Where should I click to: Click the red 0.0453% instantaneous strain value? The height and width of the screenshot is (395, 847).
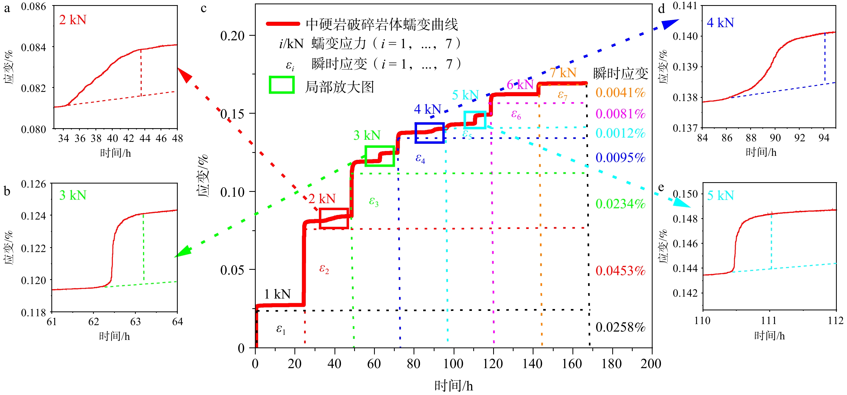coord(620,271)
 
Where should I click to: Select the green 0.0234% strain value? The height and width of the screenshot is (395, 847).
coord(620,204)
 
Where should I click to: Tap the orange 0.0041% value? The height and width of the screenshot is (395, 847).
coord(620,93)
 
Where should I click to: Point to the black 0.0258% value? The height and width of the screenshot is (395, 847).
coord(620,327)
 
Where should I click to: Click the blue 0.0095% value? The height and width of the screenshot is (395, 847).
coord(620,158)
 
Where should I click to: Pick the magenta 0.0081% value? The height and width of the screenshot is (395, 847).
coord(620,114)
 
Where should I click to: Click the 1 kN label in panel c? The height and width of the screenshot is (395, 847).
coord(277,294)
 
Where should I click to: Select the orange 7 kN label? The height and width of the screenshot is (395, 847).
coord(563,73)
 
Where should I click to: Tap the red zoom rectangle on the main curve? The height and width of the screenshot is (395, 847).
coord(334,218)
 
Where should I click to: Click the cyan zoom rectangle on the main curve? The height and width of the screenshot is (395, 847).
coord(475,120)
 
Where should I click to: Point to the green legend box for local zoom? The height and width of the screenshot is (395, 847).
coord(282,85)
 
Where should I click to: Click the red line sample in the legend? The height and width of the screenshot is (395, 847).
coord(283,24)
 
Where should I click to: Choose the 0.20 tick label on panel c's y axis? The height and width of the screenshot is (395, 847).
coord(233,36)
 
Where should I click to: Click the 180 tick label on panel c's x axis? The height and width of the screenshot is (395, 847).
coord(611,364)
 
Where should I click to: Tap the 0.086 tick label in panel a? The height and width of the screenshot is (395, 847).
coord(34,6)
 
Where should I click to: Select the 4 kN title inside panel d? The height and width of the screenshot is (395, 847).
coord(720,23)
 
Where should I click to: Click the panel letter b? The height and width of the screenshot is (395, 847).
coord(7,191)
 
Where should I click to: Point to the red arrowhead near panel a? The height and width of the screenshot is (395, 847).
coord(185,75)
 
